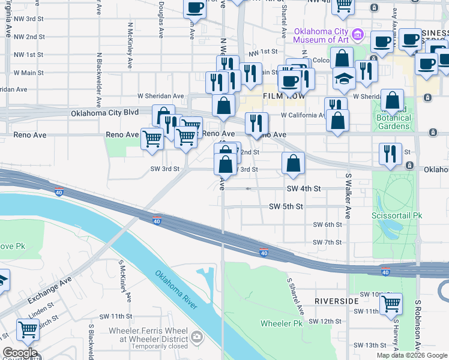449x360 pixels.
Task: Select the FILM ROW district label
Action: pos(280,96)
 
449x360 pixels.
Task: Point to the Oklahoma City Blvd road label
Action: pos(104,113)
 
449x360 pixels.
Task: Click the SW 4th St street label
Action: pos(304,188)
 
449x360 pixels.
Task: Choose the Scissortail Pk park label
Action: pos(397,214)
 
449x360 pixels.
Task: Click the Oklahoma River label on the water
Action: pos(176,290)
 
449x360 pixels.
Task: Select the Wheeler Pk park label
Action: pos(280,323)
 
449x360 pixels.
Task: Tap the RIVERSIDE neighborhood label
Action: pos(336,300)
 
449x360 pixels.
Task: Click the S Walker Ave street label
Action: pos(348,196)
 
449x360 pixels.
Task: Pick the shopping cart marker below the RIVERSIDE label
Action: pos(391,304)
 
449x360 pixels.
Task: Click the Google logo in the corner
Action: pos(19,353)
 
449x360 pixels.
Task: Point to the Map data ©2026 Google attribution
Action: pos(411,355)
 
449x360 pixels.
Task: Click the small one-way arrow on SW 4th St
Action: pos(249,188)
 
